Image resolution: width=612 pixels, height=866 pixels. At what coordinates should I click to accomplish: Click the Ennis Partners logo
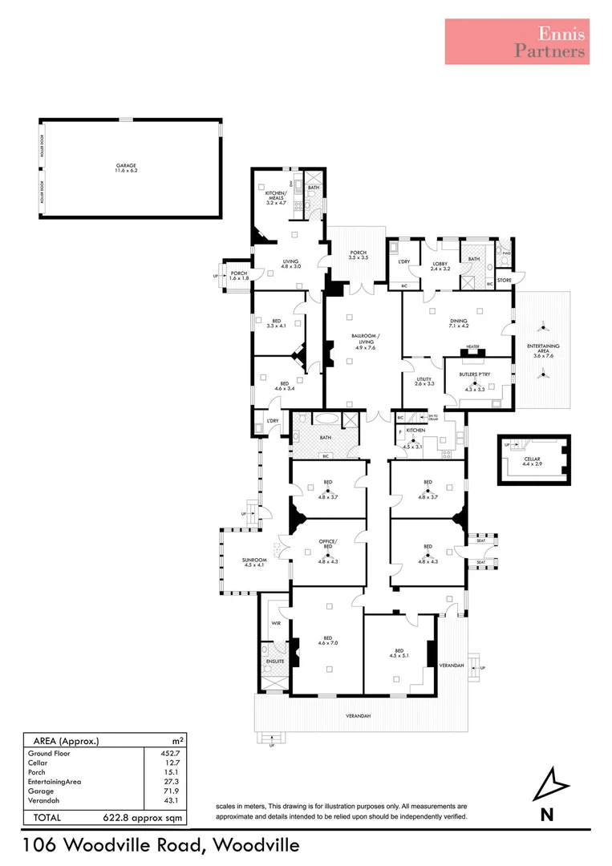(517, 42)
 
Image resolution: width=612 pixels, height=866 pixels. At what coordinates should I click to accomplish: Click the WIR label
(274, 622)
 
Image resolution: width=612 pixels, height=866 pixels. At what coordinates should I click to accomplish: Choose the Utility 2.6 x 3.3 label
(424, 382)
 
